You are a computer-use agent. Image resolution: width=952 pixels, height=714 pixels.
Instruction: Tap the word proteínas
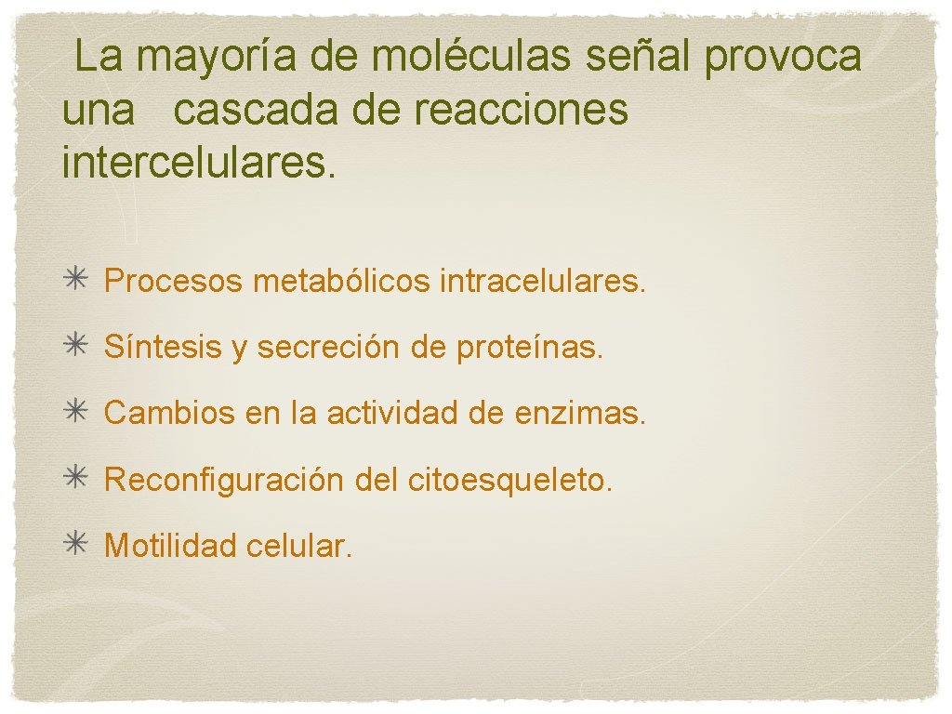(x=530, y=347)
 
